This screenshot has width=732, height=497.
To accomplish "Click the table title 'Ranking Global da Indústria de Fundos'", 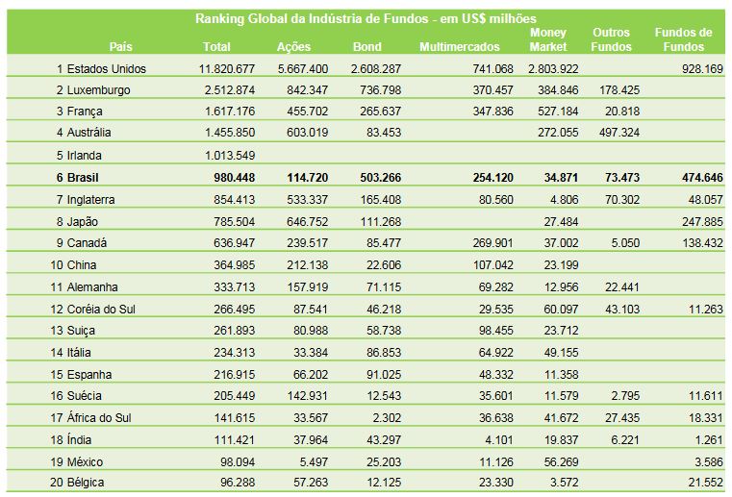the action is coord(312,18).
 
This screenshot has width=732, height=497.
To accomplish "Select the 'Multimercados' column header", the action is coord(460,47).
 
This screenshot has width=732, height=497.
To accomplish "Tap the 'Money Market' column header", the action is coord(548,39).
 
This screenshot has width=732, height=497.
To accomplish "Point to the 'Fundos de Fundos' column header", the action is coord(684,39).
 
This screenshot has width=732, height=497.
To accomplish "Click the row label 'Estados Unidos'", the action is coord(107,69).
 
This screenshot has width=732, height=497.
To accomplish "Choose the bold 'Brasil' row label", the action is coord(83,178).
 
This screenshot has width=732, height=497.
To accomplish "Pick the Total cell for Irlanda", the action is coord(230,156).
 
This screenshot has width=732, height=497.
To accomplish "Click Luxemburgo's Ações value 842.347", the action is coord(307,90).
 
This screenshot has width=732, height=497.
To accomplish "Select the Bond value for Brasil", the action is coord(381,178).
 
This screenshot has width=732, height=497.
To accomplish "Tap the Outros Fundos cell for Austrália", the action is coord(619,133).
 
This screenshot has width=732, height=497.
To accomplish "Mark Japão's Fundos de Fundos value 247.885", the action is coord(702,222).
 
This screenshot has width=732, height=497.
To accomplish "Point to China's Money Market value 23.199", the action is coord(561,265).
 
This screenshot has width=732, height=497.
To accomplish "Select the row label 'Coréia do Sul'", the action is coord(101,310).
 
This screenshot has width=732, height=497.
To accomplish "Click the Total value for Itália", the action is coord(235,353).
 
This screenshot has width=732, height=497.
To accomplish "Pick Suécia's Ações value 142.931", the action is coord(307,396).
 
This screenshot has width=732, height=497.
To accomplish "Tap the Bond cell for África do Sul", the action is coord(387,417).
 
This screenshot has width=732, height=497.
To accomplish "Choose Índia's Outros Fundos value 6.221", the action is coord(625,439).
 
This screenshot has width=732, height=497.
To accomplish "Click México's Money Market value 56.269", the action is coord(561,462).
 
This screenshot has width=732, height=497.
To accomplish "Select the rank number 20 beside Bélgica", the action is coord(57,483).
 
